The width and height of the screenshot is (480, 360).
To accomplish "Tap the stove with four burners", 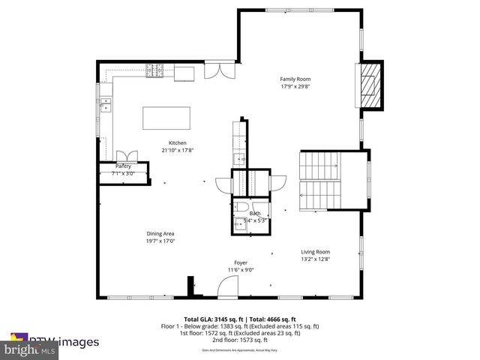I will click(155, 72).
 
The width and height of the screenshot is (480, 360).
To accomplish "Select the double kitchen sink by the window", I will click(106, 103).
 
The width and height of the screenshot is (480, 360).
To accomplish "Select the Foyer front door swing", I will click(226, 286).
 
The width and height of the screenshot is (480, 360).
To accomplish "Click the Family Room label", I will click(295, 79).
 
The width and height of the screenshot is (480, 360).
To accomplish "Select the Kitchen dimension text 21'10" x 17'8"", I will click(177, 150).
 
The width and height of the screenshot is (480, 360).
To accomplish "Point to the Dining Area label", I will click(160, 234).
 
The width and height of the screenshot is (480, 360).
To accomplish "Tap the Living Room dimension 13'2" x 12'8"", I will click(315, 259).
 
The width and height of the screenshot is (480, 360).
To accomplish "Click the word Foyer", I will click(241, 262).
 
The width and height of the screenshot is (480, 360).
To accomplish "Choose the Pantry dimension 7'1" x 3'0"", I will click(123, 174).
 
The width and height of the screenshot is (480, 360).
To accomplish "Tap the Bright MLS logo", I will click(30, 349).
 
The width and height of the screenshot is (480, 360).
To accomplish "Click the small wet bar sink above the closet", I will click(238, 158).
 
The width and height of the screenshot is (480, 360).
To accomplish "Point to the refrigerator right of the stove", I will click(184, 72).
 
